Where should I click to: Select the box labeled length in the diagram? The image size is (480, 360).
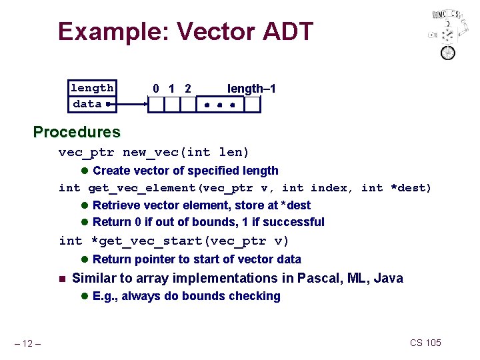click(x=92, y=88)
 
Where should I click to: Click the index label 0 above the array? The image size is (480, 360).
click(x=155, y=89)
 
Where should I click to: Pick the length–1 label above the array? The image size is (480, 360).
click(x=251, y=89)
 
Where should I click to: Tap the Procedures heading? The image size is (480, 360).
click(x=77, y=132)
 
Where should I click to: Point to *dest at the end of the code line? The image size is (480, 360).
click(x=413, y=188)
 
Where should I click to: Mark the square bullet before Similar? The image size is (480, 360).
click(x=61, y=279)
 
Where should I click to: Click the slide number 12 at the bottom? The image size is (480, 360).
click(x=29, y=343)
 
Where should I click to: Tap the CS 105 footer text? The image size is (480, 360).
click(x=425, y=343)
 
